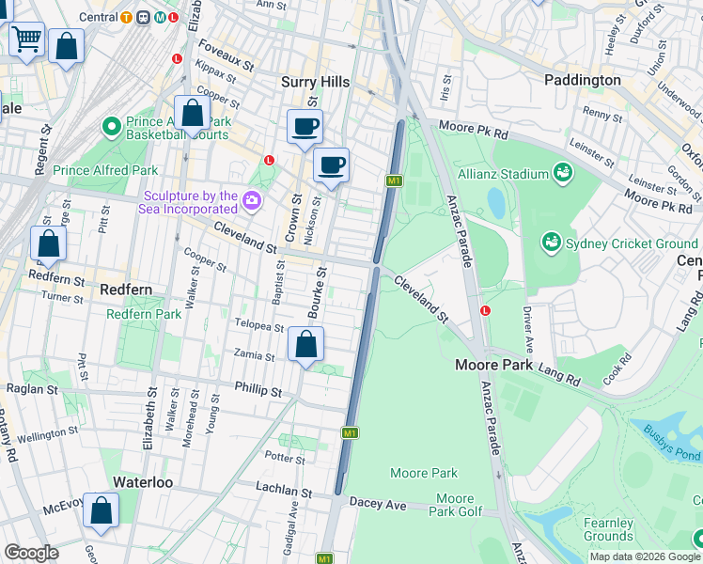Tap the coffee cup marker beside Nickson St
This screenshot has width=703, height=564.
(x=331, y=166)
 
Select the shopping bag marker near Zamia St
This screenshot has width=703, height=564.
(x=305, y=345)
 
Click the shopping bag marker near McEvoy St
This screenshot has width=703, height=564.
(x=102, y=511)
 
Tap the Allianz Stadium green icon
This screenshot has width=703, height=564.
(x=563, y=173)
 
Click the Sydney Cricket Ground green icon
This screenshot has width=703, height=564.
(x=551, y=243)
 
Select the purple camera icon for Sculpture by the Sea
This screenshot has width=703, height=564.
(x=252, y=200)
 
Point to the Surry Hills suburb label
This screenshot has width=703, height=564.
(x=316, y=83)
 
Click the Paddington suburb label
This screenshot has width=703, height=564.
(x=583, y=81)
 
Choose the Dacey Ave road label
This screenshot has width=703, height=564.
(x=378, y=505)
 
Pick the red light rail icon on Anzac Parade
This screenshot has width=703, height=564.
(x=485, y=310)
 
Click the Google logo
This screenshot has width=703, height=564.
(x=32, y=553)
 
